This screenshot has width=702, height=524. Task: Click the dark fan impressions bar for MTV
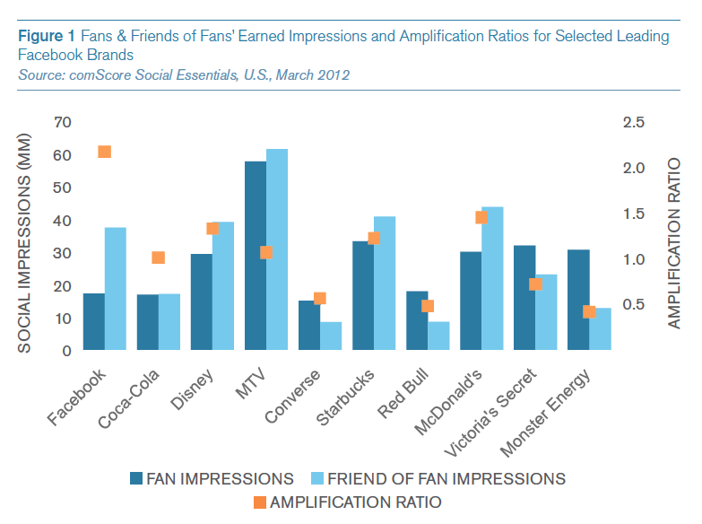[x=255, y=256]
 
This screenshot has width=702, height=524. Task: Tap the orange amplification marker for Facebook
[x=104, y=152]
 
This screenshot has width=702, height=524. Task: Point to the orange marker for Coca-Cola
[x=159, y=258]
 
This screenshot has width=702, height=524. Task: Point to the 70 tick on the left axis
[x=62, y=122]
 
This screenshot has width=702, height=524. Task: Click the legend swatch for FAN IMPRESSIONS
[x=136, y=478]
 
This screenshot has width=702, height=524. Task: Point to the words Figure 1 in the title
[x=46, y=36]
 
